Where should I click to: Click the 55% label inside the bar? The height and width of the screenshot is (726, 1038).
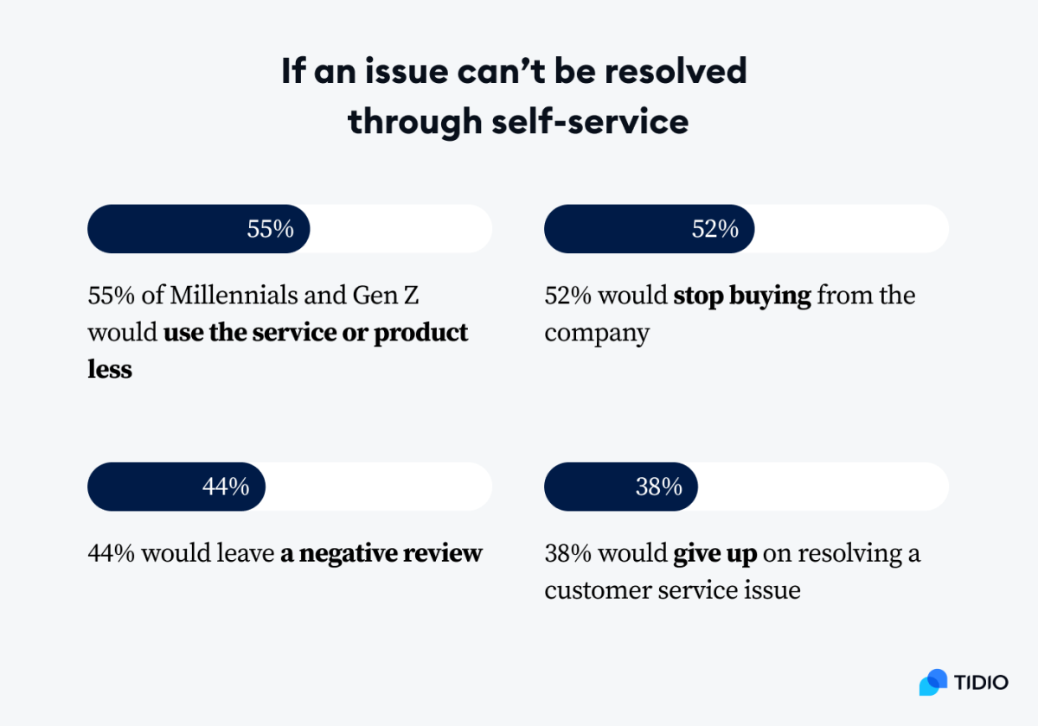coord(270,229)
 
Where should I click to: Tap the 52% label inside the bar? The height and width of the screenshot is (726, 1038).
coord(714,229)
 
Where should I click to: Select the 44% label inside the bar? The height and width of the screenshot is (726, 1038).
coord(226,487)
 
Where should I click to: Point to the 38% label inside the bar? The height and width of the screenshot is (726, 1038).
coord(659,487)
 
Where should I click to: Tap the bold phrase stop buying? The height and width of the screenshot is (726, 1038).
coord(742,296)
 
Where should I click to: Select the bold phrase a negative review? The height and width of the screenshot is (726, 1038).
coord(381,553)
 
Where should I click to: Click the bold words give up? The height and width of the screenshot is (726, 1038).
coord(715,553)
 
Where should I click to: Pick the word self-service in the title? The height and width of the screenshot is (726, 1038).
coord(591,121)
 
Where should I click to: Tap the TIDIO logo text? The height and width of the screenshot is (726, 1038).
coord(982,682)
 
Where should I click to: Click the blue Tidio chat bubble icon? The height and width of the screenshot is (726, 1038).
coord(933,682)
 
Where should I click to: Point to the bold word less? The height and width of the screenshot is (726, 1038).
coord(110,370)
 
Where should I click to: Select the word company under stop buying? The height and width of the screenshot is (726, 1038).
coord(597,334)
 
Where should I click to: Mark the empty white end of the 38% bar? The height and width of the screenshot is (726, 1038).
coord(822,487)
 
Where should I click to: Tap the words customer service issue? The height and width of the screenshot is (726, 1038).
coord(672,591)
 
